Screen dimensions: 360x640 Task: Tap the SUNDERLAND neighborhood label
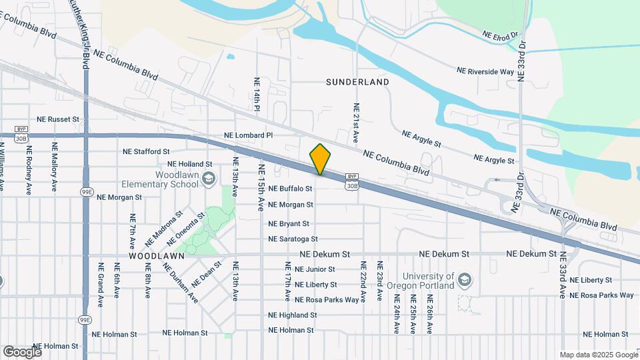click(x=357, y=82)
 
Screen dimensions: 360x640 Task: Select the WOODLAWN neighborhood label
click(x=156, y=255)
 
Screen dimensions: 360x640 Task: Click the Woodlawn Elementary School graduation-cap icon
click(x=209, y=177)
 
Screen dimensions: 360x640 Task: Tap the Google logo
click(x=22, y=351)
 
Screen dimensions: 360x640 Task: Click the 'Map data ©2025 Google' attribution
click(x=597, y=355)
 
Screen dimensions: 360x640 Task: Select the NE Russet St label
click(x=58, y=119)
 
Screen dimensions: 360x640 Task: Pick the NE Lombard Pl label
click(x=249, y=135)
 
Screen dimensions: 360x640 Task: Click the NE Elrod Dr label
click(x=500, y=35)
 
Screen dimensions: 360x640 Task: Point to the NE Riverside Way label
click(x=485, y=71)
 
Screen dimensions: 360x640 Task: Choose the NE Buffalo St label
click(x=291, y=189)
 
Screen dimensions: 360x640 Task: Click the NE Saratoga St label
click(x=293, y=239)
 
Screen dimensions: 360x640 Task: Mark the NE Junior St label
click(x=314, y=269)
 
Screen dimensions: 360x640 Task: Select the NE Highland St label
click(x=292, y=315)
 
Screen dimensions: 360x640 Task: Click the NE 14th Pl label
click(x=256, y=94)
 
